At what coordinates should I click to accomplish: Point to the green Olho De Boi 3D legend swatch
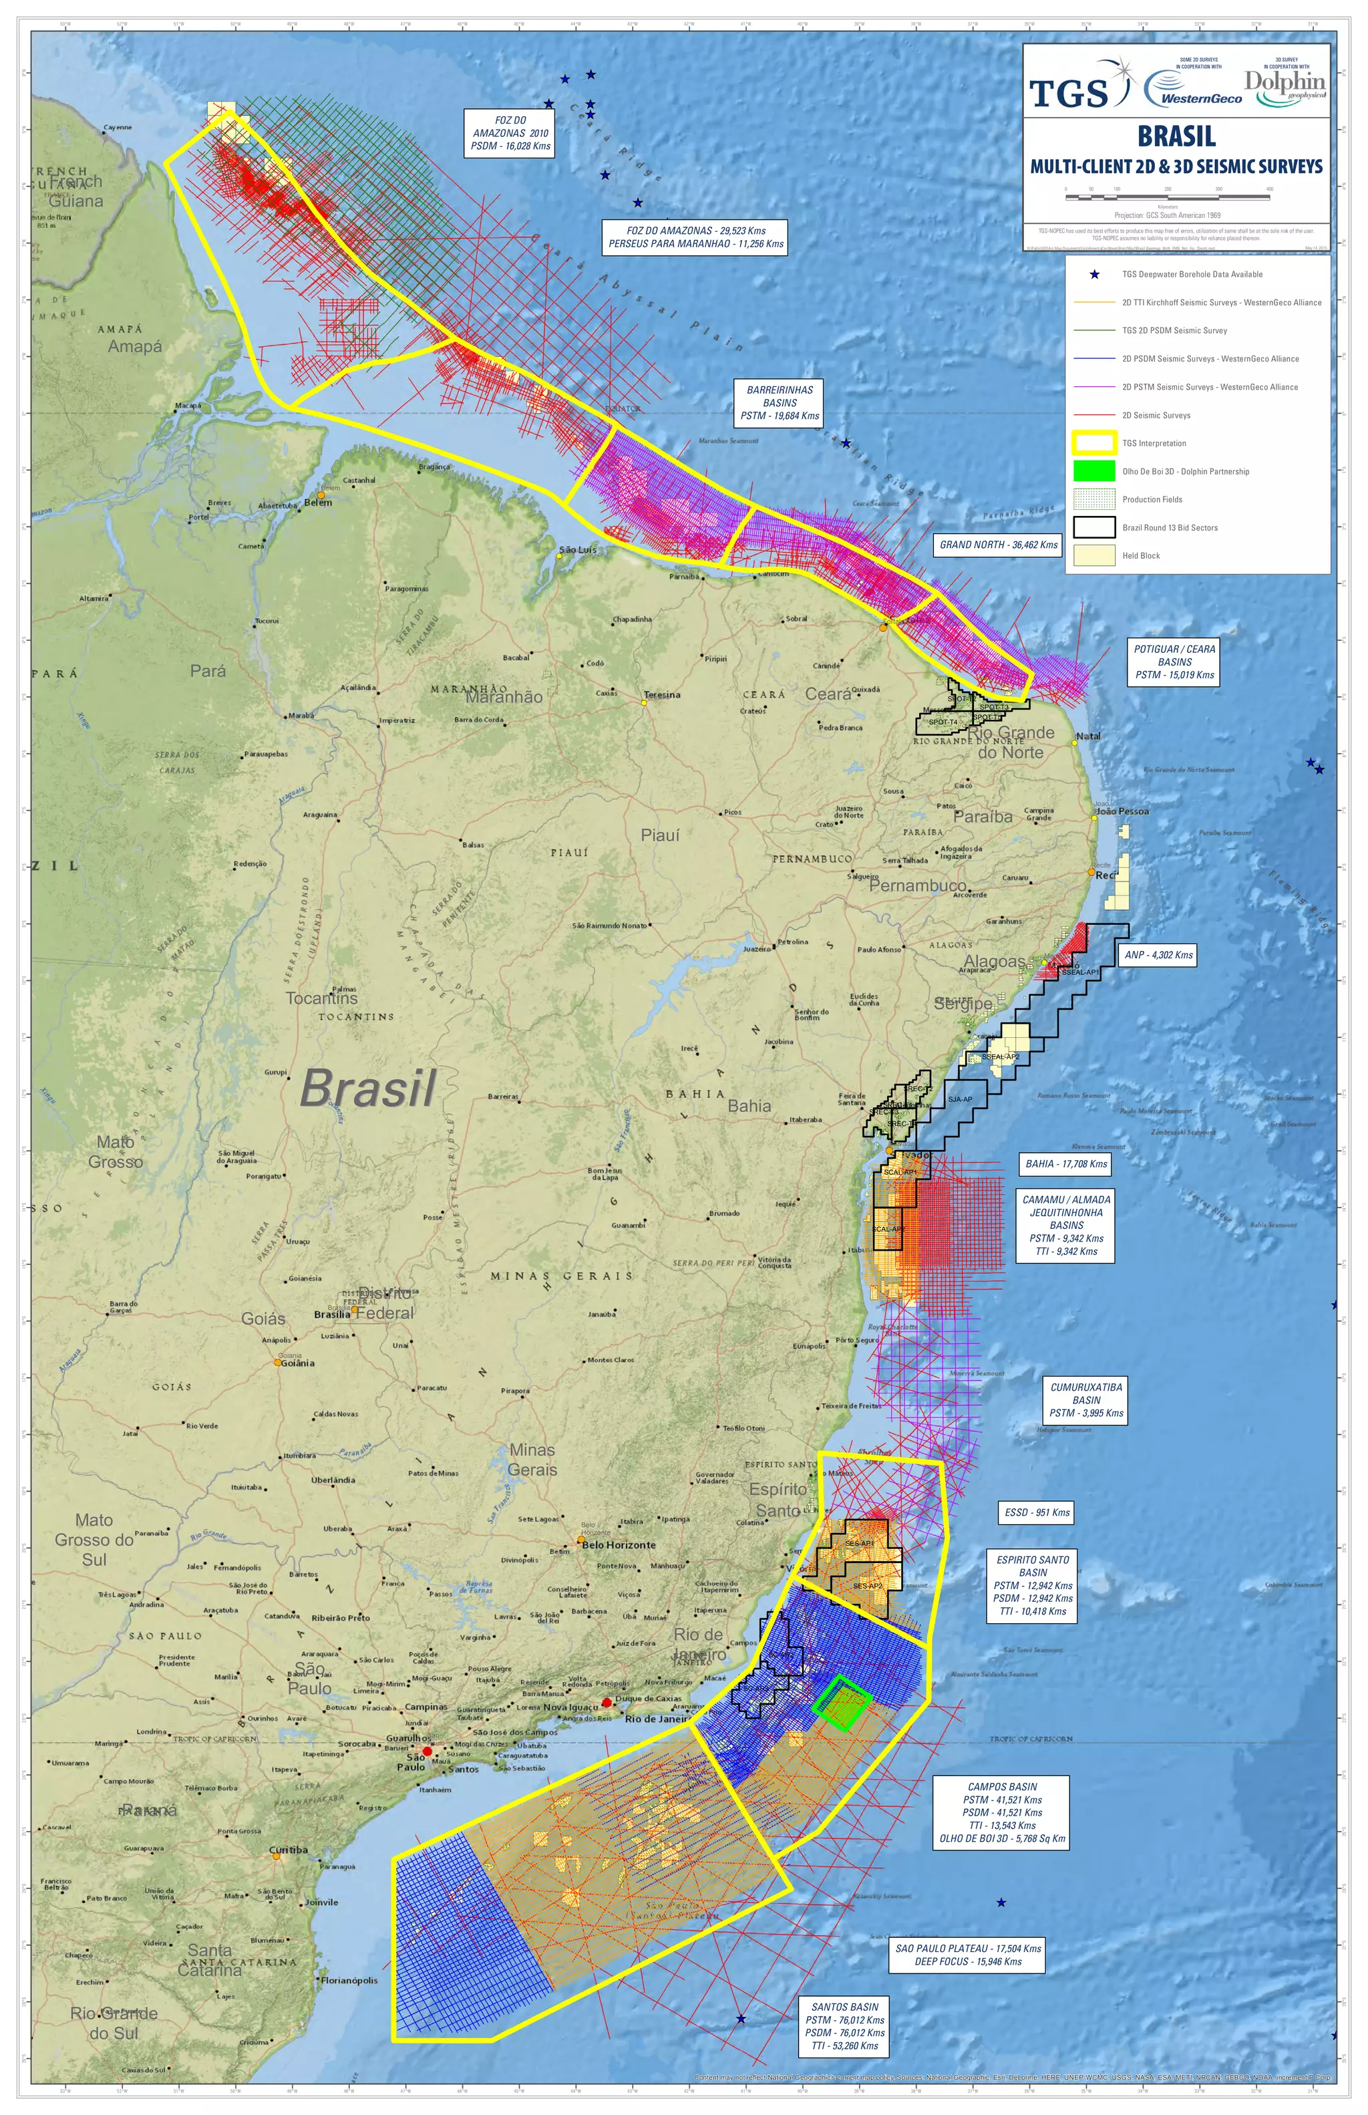[x=1093, y=471]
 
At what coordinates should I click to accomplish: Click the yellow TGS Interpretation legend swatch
[x=1093, y=442]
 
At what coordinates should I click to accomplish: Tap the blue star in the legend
[x=1094, y=275]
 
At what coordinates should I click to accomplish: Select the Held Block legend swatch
[x=1093, y=555]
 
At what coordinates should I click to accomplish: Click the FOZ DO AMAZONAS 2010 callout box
[x=510, y=133]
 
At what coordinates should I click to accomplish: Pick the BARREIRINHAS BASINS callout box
[x=779, y=402]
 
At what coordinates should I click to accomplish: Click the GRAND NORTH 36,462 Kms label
[x=999, y=545]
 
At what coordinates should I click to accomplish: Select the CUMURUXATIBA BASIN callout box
[x=1085, y=1399]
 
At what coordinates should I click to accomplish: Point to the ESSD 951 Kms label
[x=1037, y=1512]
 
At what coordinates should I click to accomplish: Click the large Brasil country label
[x=368, y=1087]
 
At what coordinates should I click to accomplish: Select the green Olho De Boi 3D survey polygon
[x=840, y=1702]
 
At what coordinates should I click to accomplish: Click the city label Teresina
[x=662, y=695]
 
